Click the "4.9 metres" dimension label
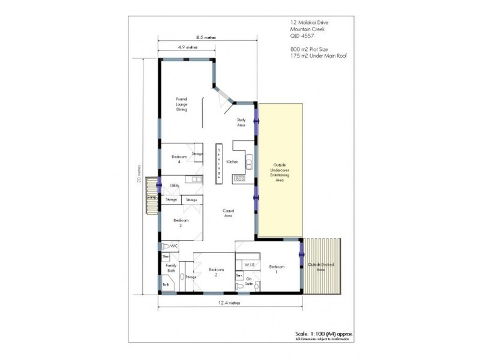(187, 47)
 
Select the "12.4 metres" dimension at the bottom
(230, 304)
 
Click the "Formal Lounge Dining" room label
(182, 104)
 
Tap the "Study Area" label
(241, 122)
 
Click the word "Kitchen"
(232, 161)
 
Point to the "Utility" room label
(175, 185)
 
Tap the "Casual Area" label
(228, 213)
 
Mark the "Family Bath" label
(172, 267)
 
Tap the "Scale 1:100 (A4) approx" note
(322, 333)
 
